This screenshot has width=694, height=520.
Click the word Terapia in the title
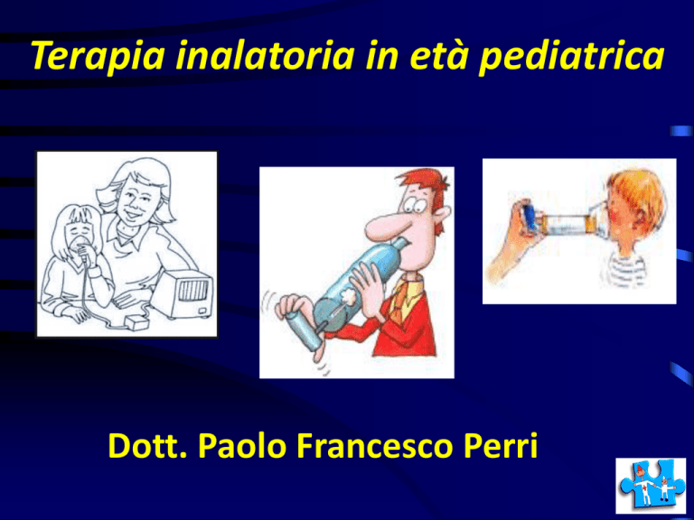click(98, 56)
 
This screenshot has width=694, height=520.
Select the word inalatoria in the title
click(265, 54)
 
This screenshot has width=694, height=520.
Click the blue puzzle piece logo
click(650, 485)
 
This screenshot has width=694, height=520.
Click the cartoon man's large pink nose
click(385, 226)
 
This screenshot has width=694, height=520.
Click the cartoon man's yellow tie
click(404, 295)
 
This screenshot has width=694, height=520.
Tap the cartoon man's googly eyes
click(415, 205)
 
